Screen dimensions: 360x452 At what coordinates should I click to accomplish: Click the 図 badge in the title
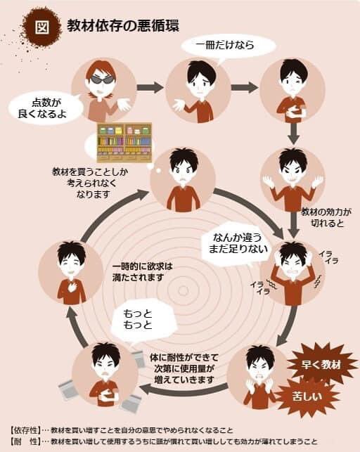click(43, 27)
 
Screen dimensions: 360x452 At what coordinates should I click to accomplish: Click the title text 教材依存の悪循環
click(123, 25)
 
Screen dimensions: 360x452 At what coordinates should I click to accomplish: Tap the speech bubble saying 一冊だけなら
click(229, 46)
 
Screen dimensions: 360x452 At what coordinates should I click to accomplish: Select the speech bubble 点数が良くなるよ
click(43, 108)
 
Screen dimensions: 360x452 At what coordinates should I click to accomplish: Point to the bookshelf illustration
click(124, 143)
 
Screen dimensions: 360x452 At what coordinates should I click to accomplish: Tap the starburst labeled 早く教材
click(321, 365)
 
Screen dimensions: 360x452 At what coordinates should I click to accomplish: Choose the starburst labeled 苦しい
click(307, 396)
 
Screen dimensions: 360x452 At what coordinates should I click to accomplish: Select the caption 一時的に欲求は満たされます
click(143, 272)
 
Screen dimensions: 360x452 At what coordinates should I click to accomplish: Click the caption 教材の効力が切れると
click(326, 218)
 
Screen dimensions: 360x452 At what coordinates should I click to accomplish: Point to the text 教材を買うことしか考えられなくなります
click(90, 183)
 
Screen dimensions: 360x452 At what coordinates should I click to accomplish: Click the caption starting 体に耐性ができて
click(184, 368)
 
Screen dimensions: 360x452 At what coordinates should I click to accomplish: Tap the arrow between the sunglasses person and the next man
click(150, 87)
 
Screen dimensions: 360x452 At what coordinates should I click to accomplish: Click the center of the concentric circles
click(183, 290)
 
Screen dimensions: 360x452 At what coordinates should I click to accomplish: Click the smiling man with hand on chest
click(71, 273)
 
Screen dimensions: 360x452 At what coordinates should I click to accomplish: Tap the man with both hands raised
click(292, 179)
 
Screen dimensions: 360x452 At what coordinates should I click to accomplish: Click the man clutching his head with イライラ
click(292, 273)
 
